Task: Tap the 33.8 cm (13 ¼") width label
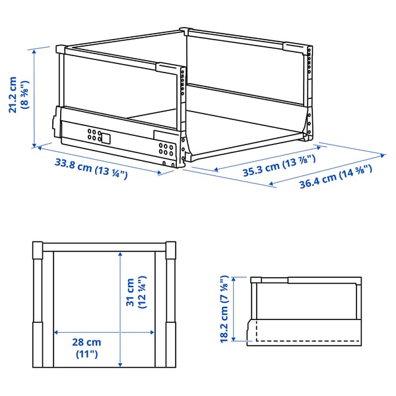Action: click(x=91, y=170)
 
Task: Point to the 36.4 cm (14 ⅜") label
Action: click(x=336, y=177)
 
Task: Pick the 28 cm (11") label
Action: click(x=87, y=348)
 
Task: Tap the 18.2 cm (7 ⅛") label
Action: click(x=226, y=309)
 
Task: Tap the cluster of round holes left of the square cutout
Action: click(x=92, y=136)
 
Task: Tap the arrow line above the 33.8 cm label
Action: click(x=99, y=160)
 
